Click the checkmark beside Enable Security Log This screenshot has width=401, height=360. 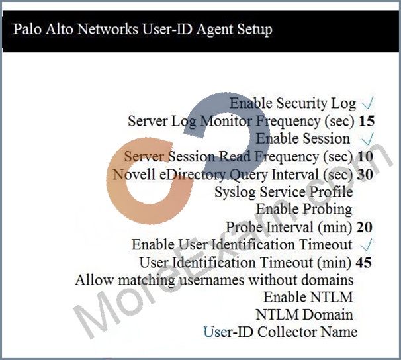[x=368, y=103]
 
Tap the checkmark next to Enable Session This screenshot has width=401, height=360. [x=368, y=138]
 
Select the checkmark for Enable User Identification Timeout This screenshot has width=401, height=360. [x=366, y=245]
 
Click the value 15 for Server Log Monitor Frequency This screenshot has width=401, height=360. [x=367, y=121]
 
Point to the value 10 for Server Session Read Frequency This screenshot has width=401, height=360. [x=365, y=156]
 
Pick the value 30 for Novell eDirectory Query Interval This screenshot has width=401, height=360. [x=365, y=175]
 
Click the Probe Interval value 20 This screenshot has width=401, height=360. [x=364, y=227]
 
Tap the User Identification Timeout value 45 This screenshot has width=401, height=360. [x=363, y=262]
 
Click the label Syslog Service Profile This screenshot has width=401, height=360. [x=284, y=193]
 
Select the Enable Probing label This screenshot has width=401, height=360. [x=304, y=209]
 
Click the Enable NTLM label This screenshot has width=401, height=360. [x=308, y=297]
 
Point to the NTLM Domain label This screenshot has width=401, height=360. [x=304, y=315]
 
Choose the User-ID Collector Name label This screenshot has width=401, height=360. [x=281, y=332]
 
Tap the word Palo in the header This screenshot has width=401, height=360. [x=27, y=29]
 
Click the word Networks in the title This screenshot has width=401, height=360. [x=107, y=29]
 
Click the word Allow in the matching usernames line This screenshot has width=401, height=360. [x=94, y=280]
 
